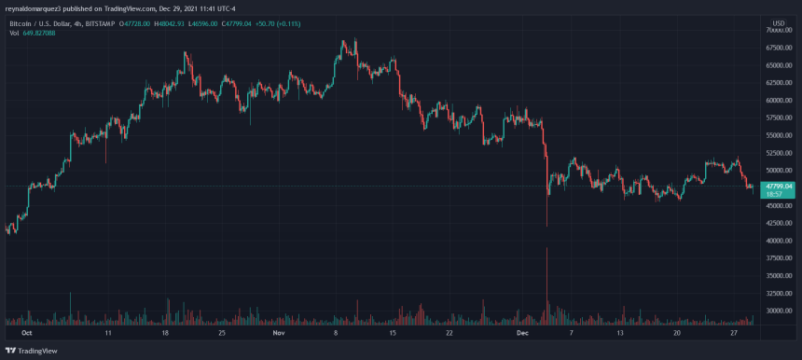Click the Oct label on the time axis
pyautogui.click(x=26, y=331)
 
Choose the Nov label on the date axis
pyautogui.click(x=277, y=331)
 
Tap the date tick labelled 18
pyautogui.click(x=165, y=331)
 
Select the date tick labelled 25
pyautogui.click(x=222, y=331)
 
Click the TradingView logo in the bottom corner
pyautogui.click(x=34, y=349)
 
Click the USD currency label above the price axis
pyautogui.click(x=779, y=20)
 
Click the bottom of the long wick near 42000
pyautogui.click(x=546, y=225)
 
